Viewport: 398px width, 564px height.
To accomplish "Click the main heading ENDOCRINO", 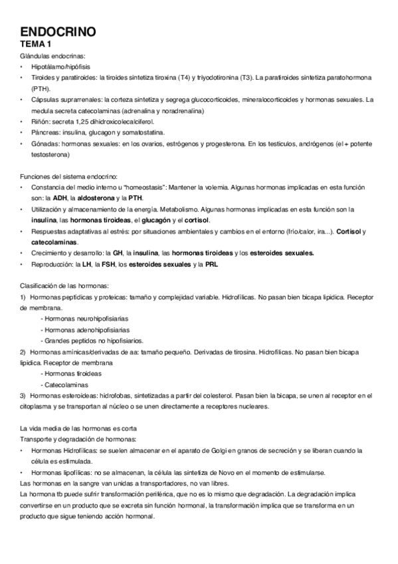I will click(x=58, y=31).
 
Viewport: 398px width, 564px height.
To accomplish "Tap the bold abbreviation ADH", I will click(x=66, y=198).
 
